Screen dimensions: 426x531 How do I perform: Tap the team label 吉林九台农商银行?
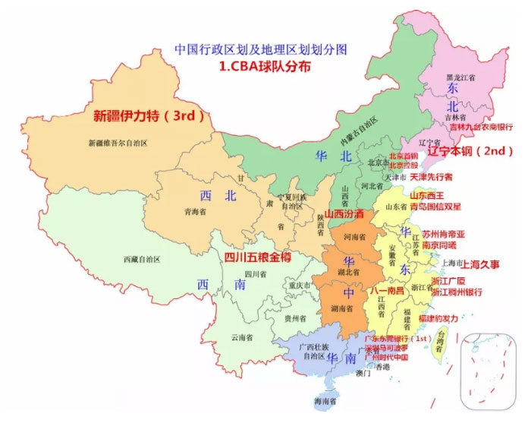coord(480,128)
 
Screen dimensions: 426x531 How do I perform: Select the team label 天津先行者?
coord(430,177)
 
